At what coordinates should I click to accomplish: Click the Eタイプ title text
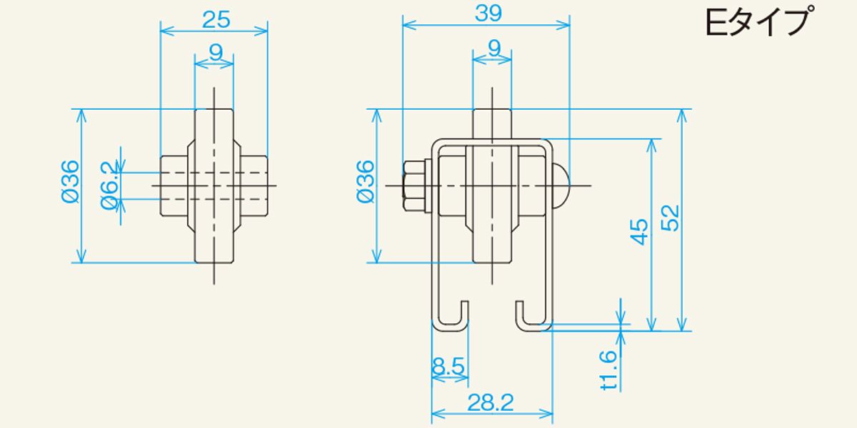coord(757,23)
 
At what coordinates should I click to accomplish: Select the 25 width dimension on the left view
coord(216,20)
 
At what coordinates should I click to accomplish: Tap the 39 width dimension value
coord(488,14)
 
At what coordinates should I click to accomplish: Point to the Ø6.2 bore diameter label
coord(110,186)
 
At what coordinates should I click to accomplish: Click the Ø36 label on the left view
coord(71,182)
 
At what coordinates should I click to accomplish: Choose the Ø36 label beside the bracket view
coord(366,181)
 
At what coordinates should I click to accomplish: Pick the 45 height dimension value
coord(639,232)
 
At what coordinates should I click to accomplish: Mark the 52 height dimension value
coord(670,218)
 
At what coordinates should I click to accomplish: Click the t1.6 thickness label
coord(609,370)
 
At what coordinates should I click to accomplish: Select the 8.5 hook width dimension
coord(448,366)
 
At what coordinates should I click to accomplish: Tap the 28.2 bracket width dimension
coord(491,403)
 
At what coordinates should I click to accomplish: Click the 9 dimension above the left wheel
coord(216,52)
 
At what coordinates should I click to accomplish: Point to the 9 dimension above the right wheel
coord(494,49)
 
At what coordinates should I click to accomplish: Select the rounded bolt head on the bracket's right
coord(561,186)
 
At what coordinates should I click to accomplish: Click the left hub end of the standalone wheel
coord(174,186)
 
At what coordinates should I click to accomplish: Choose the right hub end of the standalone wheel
coord(254,186)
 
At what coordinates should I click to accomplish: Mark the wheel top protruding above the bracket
coord(492,124)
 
